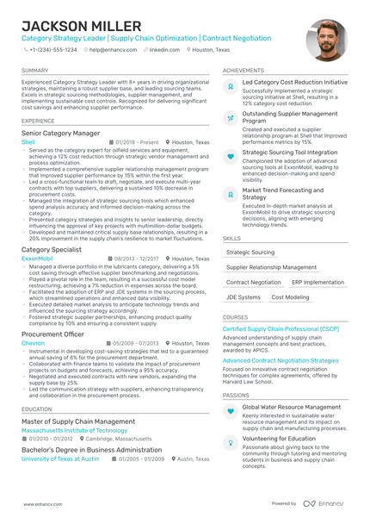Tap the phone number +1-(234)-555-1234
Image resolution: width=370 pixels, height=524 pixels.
click(x=53, y=50)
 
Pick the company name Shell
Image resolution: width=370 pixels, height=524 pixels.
click(x=28, y=142)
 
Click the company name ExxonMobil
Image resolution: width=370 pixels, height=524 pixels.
click(x=37, y=259)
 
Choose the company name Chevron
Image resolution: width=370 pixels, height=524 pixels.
click(x=33, y=343)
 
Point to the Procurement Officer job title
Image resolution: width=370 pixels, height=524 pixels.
click(x=52, y=334)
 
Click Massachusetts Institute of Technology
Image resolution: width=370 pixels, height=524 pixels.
click(x=74, y=430)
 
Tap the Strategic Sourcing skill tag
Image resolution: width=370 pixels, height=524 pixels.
click(x=250, y=253)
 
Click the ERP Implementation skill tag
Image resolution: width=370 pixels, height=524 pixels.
click(x=318, y=282)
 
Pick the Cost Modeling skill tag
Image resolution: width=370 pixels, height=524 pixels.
click(x=290, y=296)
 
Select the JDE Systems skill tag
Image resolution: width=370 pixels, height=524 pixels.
click(x=244, y=296)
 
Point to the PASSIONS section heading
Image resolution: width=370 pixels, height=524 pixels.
click(x=236, y=395)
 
